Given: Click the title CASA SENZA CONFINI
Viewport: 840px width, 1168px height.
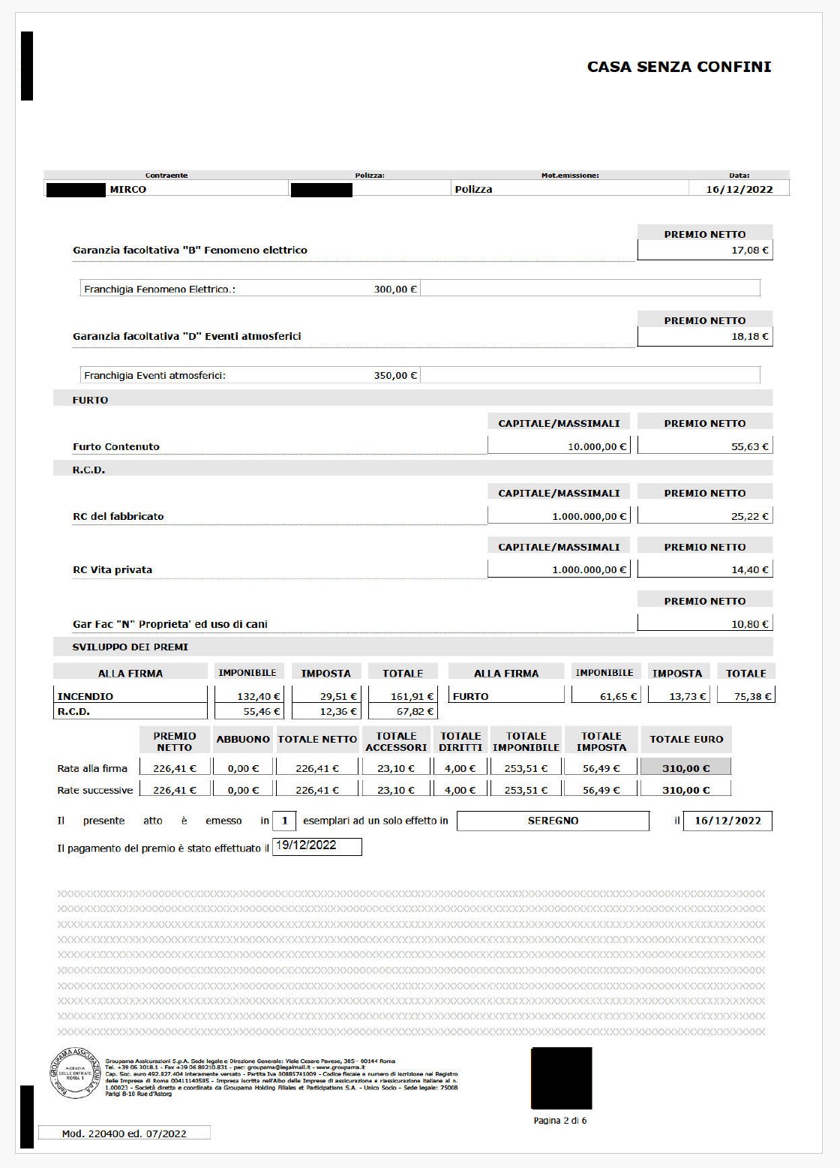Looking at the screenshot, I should (x=679, y=67).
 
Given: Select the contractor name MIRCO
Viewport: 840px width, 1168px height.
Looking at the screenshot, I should (x=127, y=190).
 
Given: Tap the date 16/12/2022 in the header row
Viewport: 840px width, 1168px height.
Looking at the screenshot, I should (x=739, y=189).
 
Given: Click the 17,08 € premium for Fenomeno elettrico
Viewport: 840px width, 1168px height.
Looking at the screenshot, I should (x=749, y=251).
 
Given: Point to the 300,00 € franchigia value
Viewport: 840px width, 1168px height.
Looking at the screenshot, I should (x=395, y=290).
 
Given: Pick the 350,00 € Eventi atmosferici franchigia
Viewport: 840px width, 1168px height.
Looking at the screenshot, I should (x=395, y=376).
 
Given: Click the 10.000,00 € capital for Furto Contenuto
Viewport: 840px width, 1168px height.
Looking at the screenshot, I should (x=596, y=447).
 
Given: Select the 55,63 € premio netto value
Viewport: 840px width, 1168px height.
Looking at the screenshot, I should (x=749, y=447).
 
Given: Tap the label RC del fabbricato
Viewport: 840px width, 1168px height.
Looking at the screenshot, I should (x=118, y=517).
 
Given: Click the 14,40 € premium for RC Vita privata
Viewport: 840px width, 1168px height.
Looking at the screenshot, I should (x=749, y=570).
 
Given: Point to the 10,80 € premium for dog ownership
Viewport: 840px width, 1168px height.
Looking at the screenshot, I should (x=749, y=624).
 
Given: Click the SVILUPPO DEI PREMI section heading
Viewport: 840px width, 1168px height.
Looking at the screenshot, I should (x=130, y=647).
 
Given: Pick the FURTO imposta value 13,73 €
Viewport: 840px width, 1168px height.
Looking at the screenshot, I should (x=687, y=697).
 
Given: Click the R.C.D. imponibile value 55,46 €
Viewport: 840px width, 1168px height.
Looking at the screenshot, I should (x=261, y=712).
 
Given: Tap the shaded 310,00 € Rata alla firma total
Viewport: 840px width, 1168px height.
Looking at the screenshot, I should (x=685, y=768).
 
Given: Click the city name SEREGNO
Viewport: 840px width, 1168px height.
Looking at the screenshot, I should (x=553, y=821).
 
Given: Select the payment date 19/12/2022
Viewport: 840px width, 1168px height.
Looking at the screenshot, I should (x=306, y=845).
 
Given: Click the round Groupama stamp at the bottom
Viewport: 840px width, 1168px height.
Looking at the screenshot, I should (x=75, y=1073).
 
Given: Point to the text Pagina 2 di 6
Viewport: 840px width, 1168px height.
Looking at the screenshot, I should (x=559, y=1121).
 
